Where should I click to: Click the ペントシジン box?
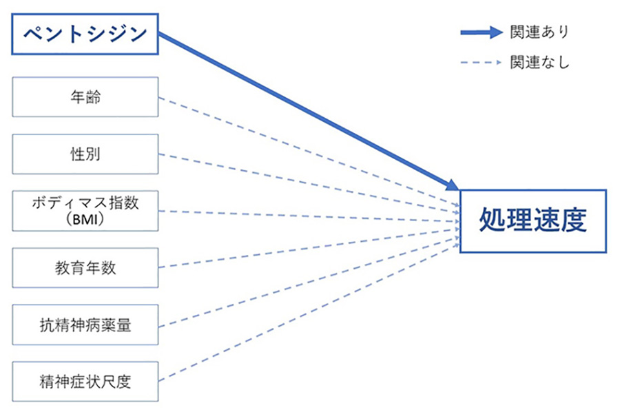click(x=85, y=33)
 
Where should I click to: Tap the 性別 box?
click(x=85, y=154)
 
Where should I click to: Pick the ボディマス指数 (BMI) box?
click(x=85, y=210)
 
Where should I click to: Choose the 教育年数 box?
click(x=85, y=267)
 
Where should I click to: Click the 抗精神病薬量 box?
click(x=85, y=324)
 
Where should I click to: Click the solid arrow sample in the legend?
click(x=482, y=32)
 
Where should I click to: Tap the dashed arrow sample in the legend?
click(x=482, y=63)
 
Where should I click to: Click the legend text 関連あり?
click(x=539, y=32)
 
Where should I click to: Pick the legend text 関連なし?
click(x=539, y=63)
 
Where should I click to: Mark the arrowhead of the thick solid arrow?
click(x=452, y=185)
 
